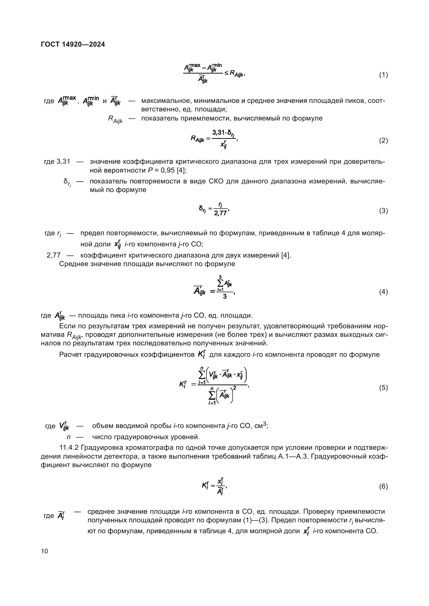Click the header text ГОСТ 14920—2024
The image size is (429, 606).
point(73,44)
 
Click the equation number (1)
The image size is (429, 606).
point(383,75)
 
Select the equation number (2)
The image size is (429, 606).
point(383,141)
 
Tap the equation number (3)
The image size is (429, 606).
point(383,211)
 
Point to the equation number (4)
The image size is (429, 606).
point(383,292)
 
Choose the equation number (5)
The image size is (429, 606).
point(383,388)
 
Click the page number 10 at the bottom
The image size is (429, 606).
point(45,551)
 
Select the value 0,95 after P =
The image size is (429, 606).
point(168,170)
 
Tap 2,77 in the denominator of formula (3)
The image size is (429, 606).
point(220,213)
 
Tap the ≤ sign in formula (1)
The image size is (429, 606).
point(226,73)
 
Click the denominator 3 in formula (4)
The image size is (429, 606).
point(225,297)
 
